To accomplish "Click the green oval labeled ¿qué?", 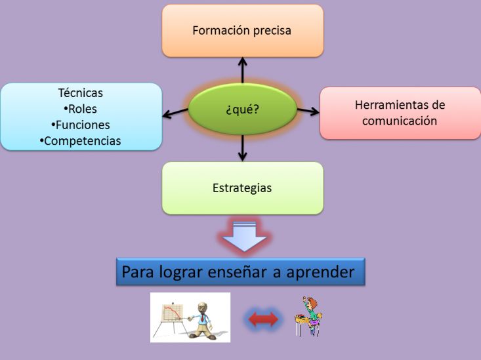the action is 242,109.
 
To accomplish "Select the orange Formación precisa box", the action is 243,31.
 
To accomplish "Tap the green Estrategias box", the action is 243,188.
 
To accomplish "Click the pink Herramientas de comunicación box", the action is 400,113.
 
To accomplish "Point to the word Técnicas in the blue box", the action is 80,93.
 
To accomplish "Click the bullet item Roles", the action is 80,109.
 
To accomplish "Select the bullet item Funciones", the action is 80,125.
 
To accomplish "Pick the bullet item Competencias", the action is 80,141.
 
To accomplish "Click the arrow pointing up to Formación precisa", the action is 243,70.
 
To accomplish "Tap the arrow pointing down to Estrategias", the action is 243,148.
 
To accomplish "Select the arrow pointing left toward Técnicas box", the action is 175,113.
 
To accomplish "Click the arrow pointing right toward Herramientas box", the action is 308,111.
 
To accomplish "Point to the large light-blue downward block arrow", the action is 244,236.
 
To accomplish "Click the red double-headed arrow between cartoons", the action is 263,319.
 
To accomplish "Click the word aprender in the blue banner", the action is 320,272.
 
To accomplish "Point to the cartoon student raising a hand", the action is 308,316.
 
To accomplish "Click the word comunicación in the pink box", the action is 400,121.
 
